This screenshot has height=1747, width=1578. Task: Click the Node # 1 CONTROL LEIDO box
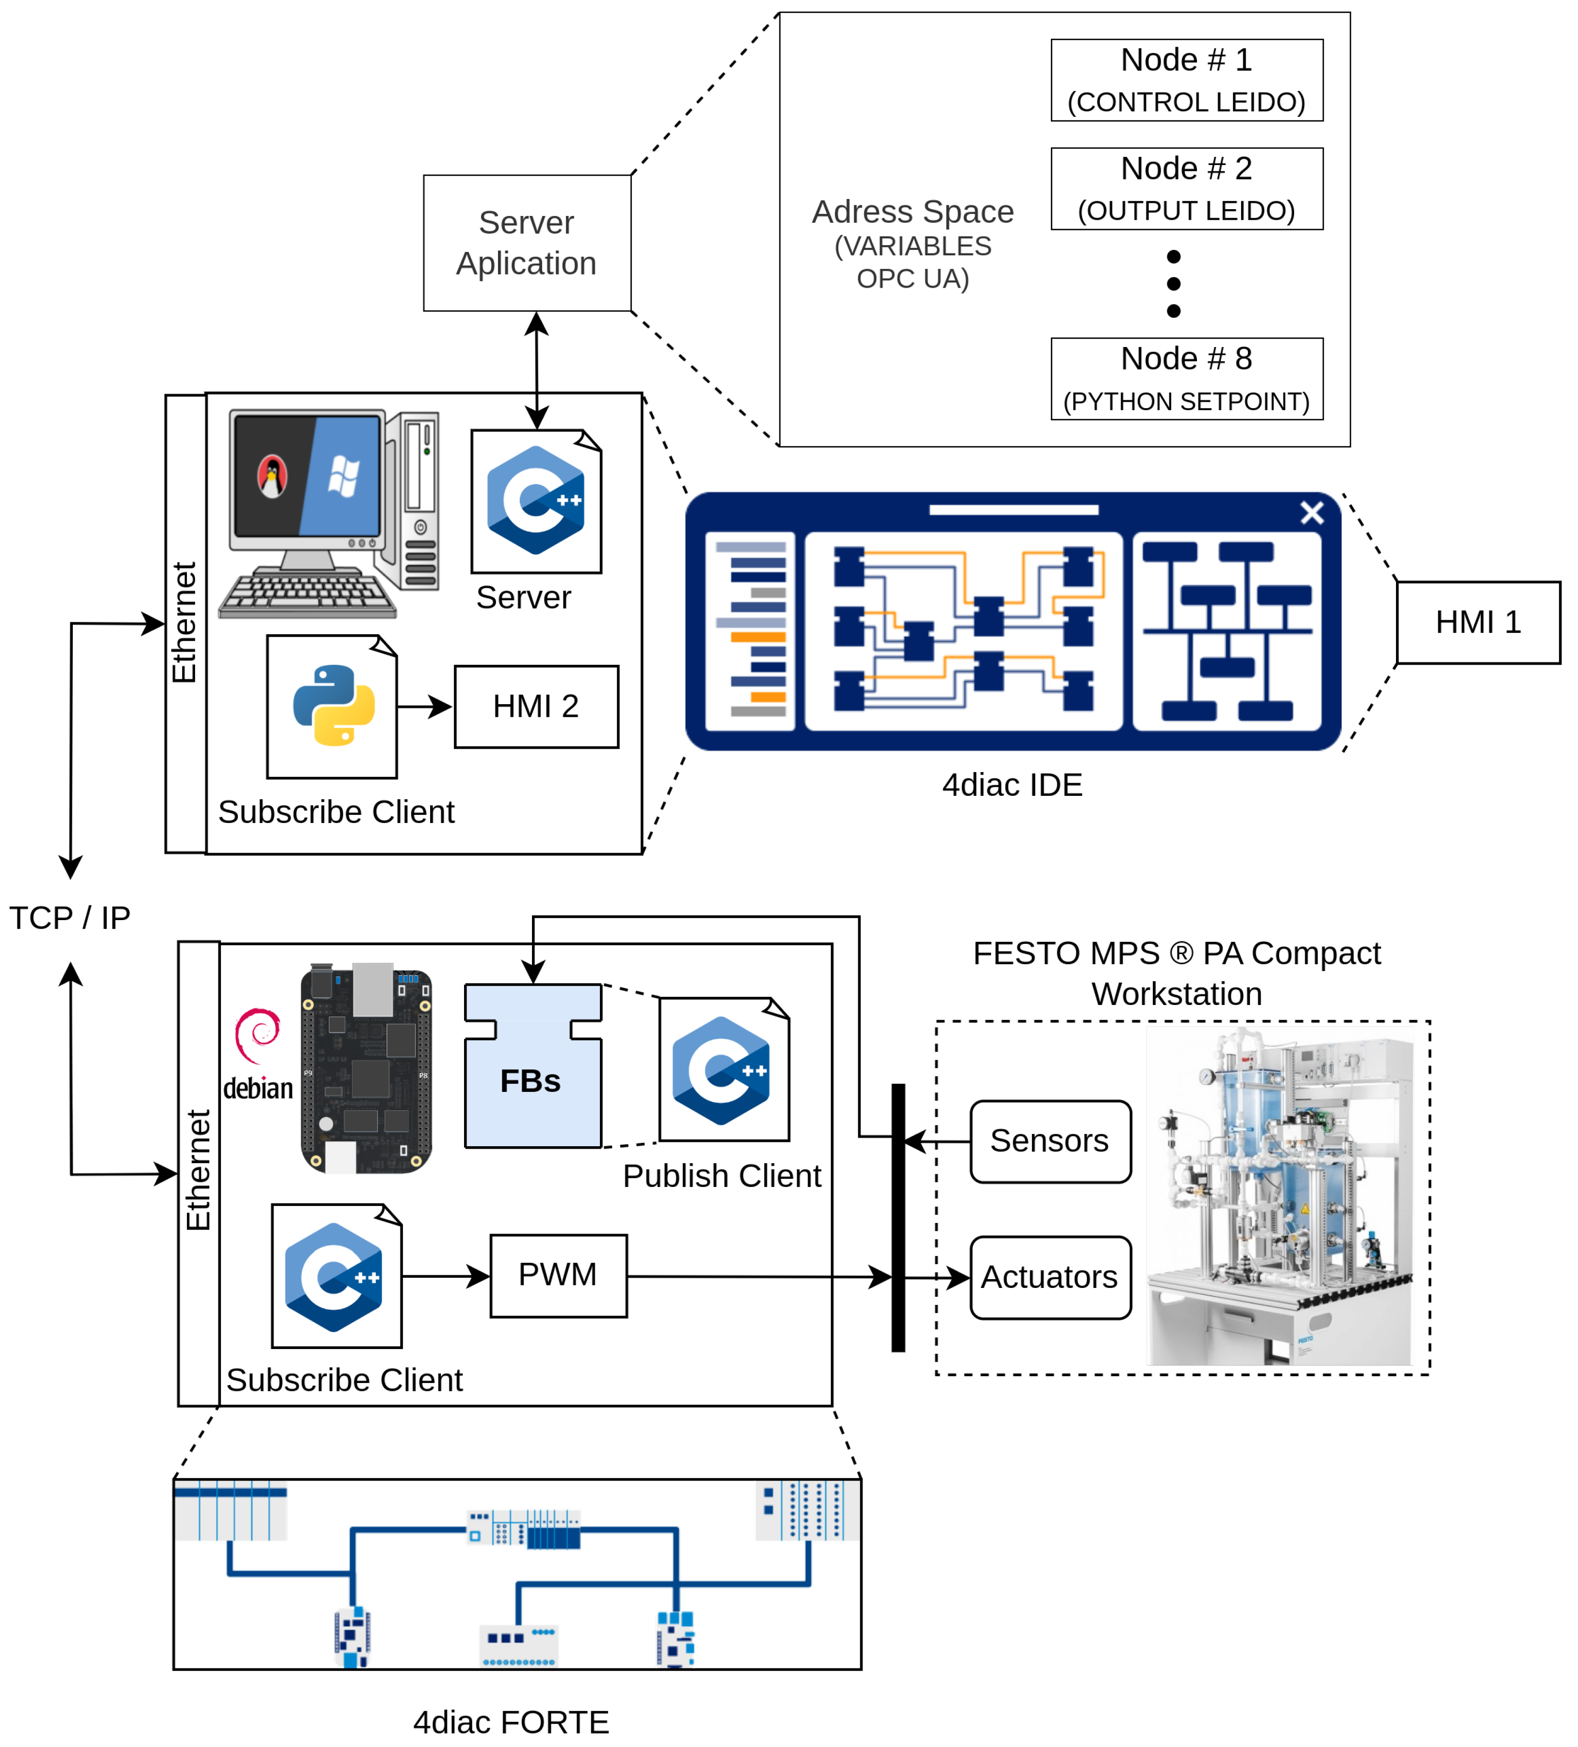(1186, 80)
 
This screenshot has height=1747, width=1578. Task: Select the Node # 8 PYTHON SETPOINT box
(1186, 379)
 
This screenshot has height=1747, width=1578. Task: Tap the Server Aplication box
(527, 243)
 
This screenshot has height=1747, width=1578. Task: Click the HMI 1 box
(1478, 622)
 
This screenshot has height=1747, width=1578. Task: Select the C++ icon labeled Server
(535, 501)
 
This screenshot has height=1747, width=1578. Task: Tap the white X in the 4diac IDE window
(1311, 513)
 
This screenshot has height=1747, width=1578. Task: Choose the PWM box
(558, 1275)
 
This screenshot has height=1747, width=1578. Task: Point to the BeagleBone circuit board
(365, 1070)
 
